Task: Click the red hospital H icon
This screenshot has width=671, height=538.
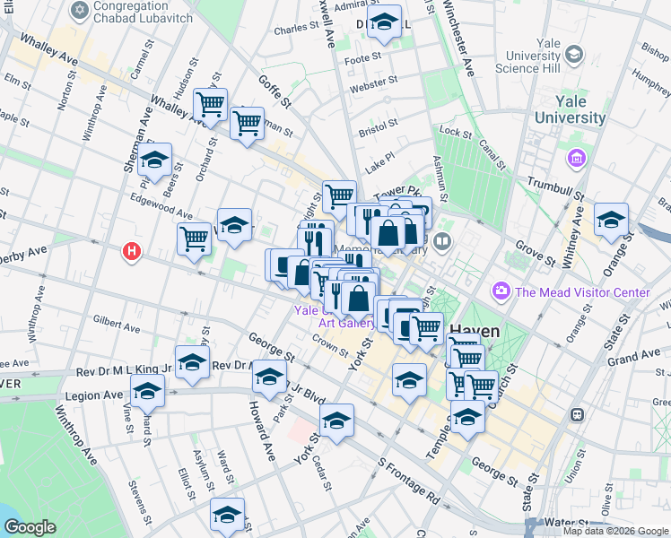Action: pyautogui.click(x=133, y=253)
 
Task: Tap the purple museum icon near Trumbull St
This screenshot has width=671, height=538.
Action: pyautogui.click(x=575, y=159)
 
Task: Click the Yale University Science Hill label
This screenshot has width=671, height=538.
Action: pyautogui.click(x=561, y=56)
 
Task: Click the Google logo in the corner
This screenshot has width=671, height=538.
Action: pyautogui.click(x=30, y=527)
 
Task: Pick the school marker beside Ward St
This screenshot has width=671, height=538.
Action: pyautogui.click(x=228, y=514)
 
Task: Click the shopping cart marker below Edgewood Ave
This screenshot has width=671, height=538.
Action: pyautogui.click(x=194, y=239)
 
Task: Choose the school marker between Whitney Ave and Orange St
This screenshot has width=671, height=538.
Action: pyautogui.click(x=611, y=219)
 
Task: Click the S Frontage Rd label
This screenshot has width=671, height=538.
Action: pyautogui.click(x=408, y=481)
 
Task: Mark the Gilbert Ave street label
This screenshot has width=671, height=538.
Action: pyautogui.click(x=116, y=324)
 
